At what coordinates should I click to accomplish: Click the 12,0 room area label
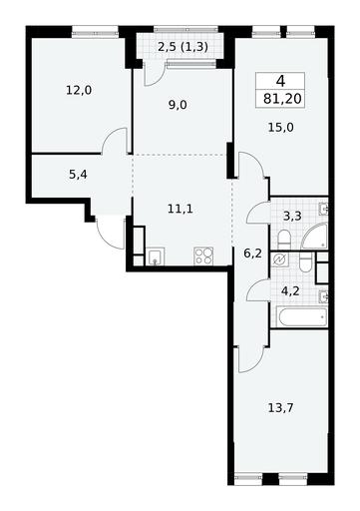click(x=79, y=90)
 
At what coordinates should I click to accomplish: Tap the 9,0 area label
click(x=178, y=105)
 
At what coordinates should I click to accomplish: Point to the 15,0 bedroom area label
click(x=281, y=127)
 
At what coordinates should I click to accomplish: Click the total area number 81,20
click(x=282, y=99)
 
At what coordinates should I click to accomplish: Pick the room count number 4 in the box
click(x=280, y=81)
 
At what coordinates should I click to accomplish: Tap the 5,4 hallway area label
click(x=78, y=174)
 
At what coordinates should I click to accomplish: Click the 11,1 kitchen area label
click(x=180, y=210)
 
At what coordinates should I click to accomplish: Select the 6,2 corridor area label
click(x=252, y=254)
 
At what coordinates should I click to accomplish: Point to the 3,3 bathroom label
click(x=292, y=217)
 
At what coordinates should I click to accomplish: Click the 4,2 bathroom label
click(x=290, y=291)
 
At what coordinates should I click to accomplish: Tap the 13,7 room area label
click(x=280, y=407)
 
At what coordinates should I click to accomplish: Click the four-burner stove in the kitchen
click(x=203, y=256)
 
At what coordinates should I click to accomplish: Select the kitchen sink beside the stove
click(x=156, y=256)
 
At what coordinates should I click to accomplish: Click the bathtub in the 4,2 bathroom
click(x=302, y=317)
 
